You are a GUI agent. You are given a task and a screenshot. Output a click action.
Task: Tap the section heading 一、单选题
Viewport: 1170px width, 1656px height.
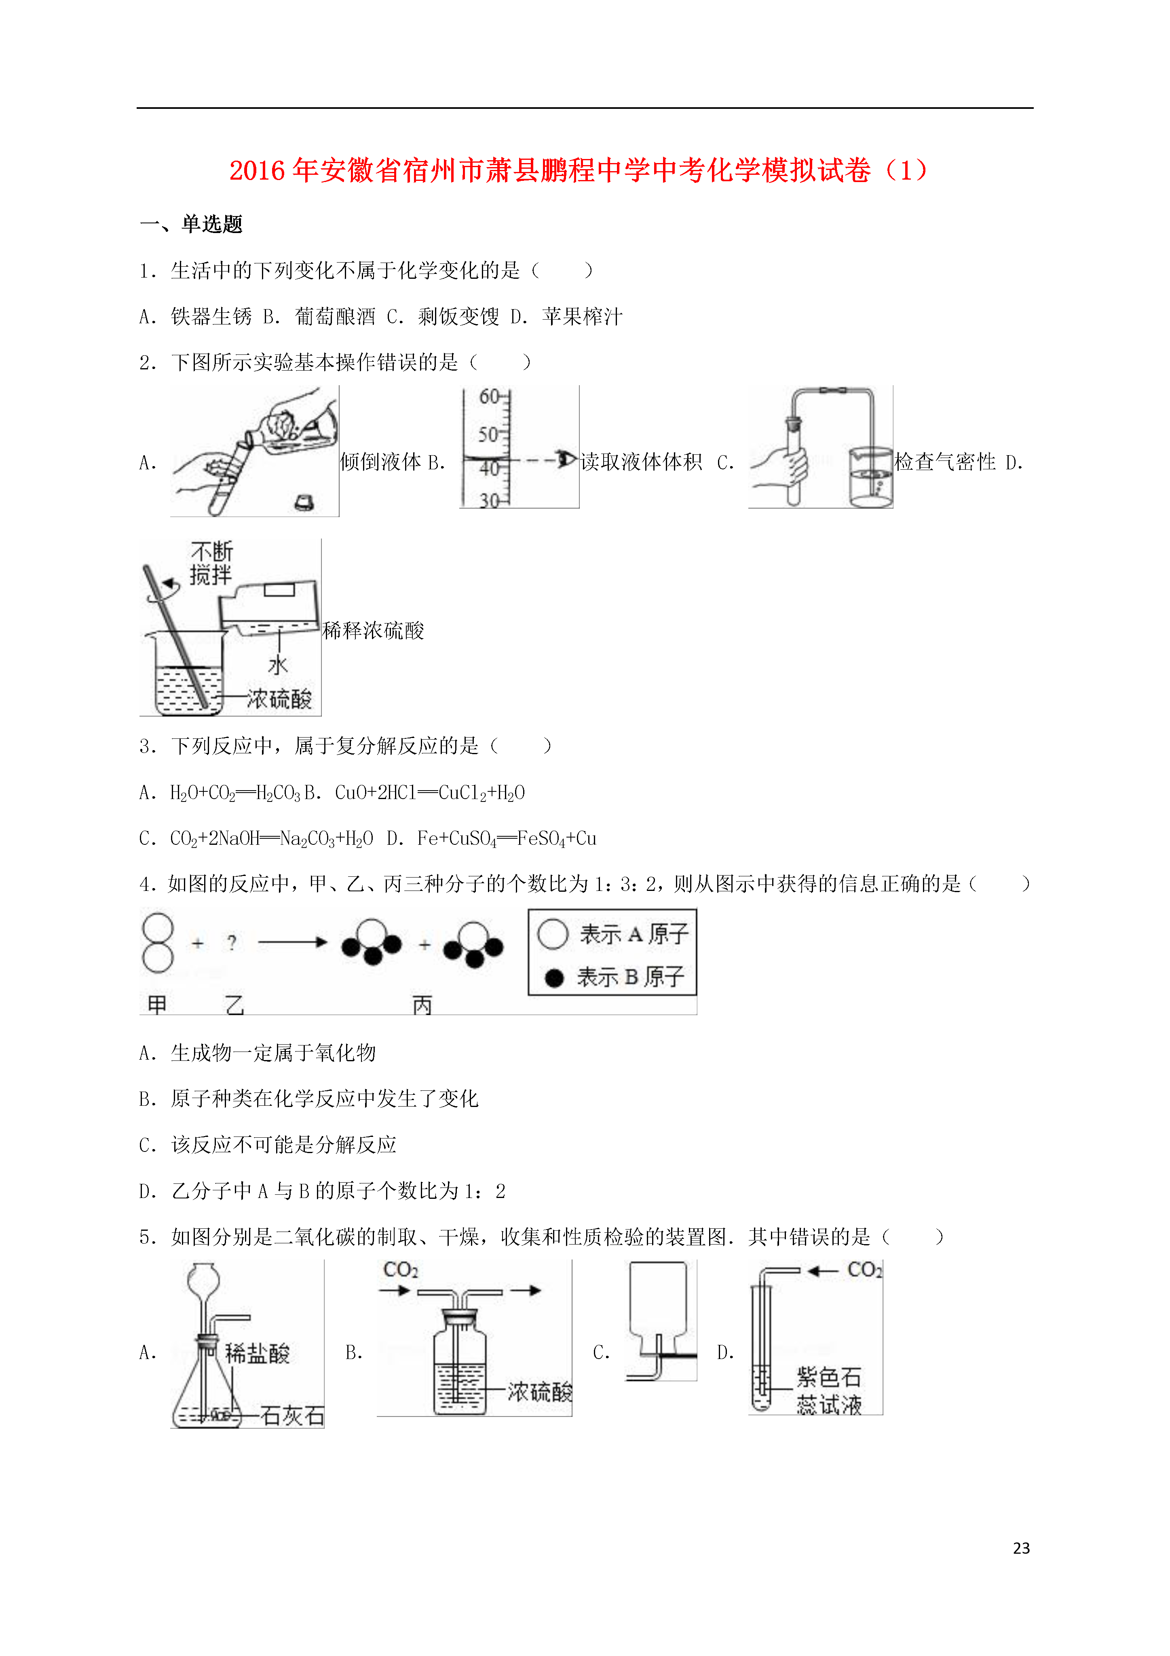click(191, 224)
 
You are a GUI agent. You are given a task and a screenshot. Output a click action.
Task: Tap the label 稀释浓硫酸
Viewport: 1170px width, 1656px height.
click(374, 630)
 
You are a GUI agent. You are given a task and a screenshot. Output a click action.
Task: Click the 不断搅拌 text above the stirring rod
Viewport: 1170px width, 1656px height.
click(211, 563)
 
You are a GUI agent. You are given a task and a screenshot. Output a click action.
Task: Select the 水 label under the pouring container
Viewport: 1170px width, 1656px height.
click(278, 664)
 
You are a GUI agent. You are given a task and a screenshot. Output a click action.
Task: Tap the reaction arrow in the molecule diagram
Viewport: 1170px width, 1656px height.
click(293, 942)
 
